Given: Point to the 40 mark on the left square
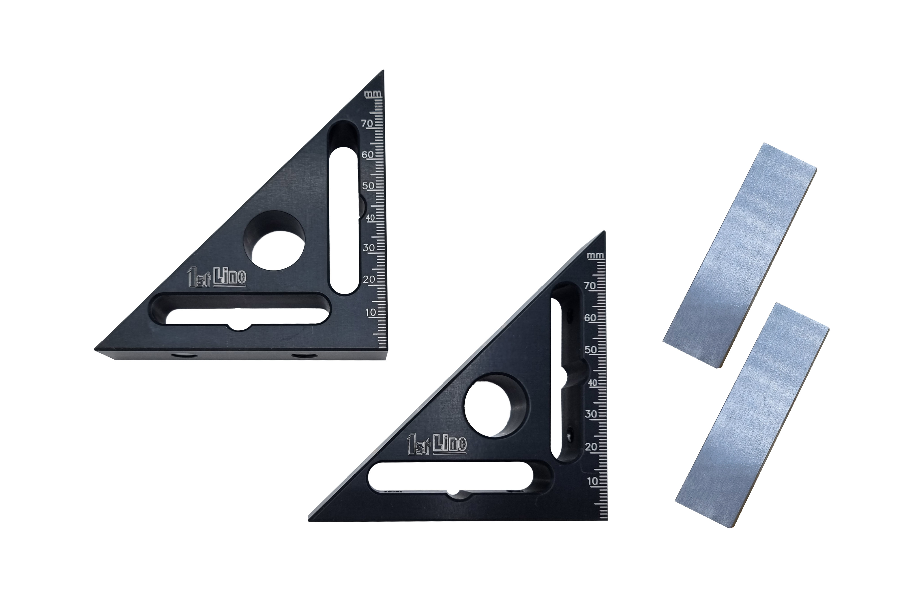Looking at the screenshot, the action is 371,218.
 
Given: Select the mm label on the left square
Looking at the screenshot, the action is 373,94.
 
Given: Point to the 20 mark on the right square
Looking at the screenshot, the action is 591,447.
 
